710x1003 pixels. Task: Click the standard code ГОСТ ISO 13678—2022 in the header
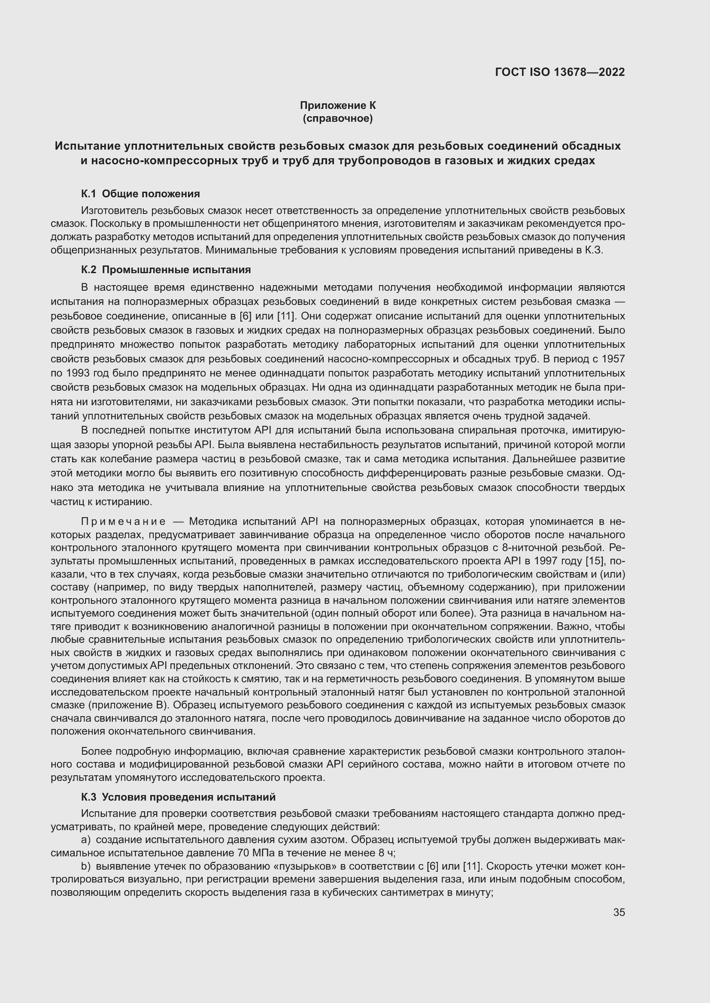pyautogui.click(x=560, y=72)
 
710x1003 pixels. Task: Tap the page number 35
pyautogui.click(x=619, y=913)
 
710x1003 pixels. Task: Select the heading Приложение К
pyautogui.click(x=337, y=105)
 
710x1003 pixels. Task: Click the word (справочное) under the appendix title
pyautogui.click(x=337, y=118)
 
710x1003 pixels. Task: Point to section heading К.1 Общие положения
pyautogui.click(x=140, y=193)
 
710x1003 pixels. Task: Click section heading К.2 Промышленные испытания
pyautogui.click(x=166, y=270)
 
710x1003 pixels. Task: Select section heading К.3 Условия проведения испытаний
pyautogui.click(x=178, y=797)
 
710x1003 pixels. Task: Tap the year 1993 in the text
pyautogui.click(x=78, y=373)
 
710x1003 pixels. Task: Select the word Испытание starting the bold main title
pyautogui.click(x=87, y=146)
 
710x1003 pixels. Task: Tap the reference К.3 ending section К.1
pyautogui.click(x=595, y=250)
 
